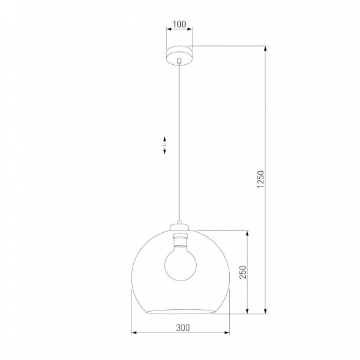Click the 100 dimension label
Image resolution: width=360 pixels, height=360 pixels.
point(179,25)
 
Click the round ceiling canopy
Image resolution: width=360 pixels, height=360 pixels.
point(179,53)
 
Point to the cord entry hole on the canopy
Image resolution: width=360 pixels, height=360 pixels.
point(179,61)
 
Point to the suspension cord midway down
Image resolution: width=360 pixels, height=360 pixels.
point(179,141)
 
